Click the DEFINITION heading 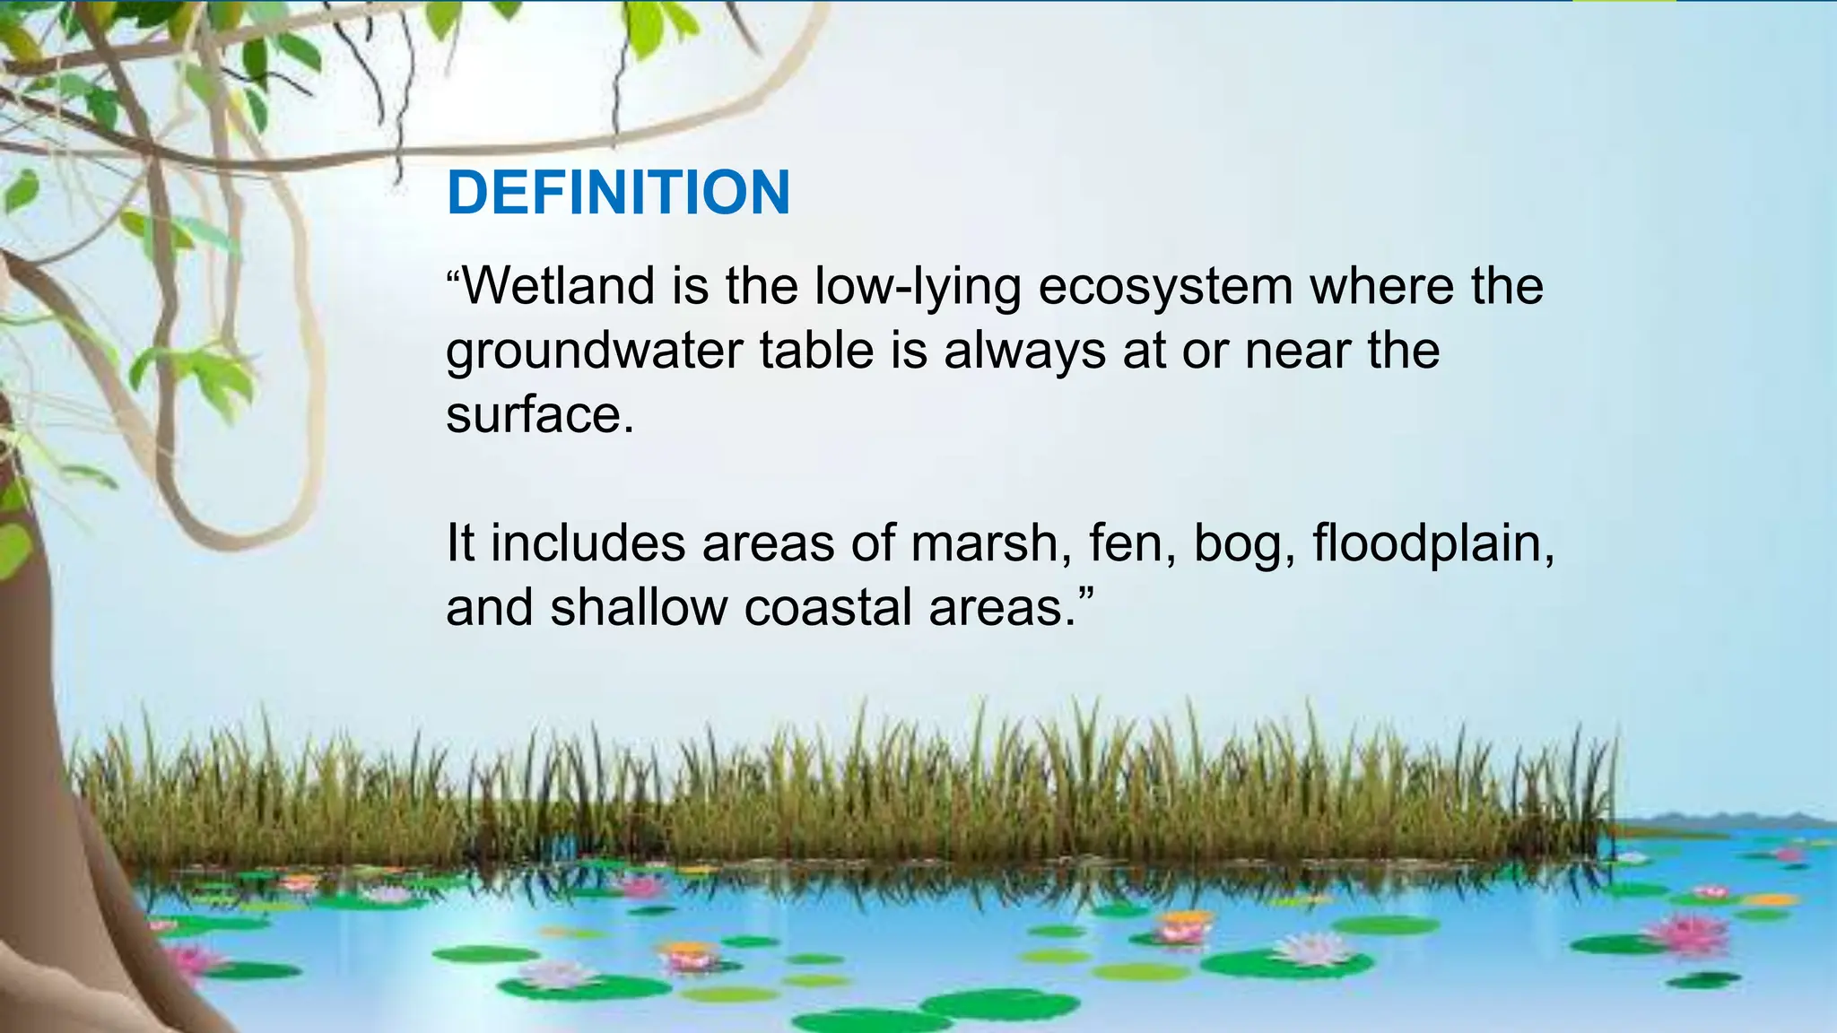(x=618, y=192)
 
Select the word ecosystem (x=1165, y=288)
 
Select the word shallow (x=639, y=607)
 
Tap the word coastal (x=827, y=607)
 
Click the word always (x=1024, y=351)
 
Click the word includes (x=587, y=543)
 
